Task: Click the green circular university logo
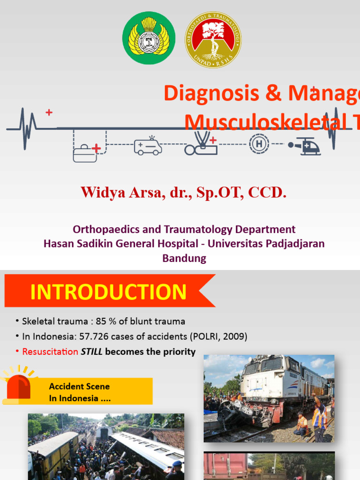click(149, 38)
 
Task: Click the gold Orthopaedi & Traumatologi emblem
click(213, 39)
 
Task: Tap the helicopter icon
click(305, 146)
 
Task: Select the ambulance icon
click(148, 146)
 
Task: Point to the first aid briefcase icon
click(87, 152)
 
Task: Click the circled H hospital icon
click(259, 143)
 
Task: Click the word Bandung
click(184, 258)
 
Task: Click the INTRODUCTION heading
click(108, 292)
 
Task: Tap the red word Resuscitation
click(50, 352)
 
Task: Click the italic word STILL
click(92, 352)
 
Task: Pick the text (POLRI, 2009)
click(218, 337)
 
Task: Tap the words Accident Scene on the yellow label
click(79, 386)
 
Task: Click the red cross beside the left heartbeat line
click(49, 112)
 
